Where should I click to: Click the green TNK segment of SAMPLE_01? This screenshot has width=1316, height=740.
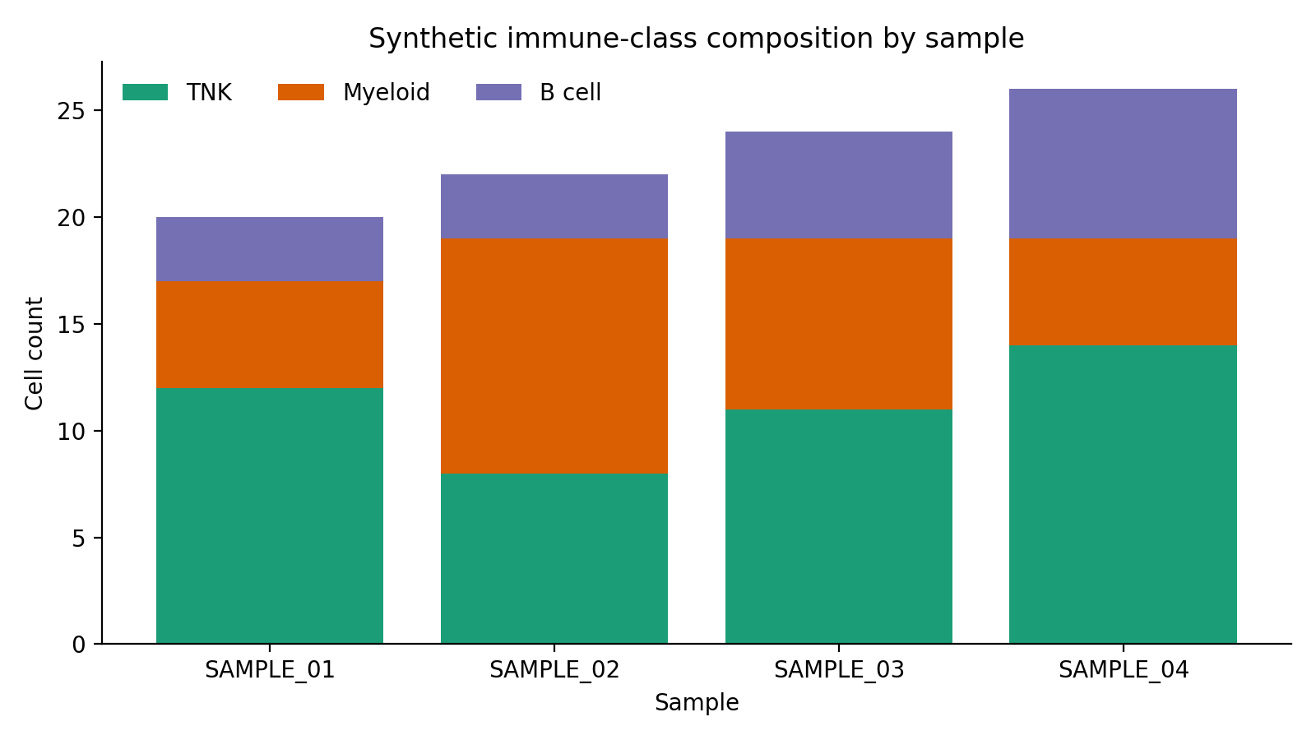point(270,516)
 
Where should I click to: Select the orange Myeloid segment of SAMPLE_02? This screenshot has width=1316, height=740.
point(554,356)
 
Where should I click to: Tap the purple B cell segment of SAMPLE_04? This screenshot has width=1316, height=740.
point(1123,164)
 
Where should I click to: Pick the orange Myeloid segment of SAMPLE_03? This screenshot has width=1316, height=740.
point(839,324)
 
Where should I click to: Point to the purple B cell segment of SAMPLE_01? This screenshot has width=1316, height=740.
point(270,249)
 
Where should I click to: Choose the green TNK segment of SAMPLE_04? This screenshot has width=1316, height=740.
point(1123,494)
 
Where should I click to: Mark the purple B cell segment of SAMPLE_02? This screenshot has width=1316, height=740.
point(554,206)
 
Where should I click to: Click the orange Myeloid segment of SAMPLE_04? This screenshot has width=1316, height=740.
point(1123,292)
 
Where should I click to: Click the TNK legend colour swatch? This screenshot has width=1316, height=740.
point(145,93)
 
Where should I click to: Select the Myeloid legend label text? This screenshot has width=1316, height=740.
point(386,93)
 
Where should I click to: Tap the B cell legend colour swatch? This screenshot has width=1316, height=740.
point(498,93)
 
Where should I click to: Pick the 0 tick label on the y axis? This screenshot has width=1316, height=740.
point(78,645)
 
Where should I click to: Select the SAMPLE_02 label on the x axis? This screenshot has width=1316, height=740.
point(554,670)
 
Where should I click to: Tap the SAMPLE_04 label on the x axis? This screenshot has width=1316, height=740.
point(1123,670)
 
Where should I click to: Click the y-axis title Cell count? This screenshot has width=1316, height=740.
point(34,354)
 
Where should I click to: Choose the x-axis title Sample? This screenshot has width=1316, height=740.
point(697,703)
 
